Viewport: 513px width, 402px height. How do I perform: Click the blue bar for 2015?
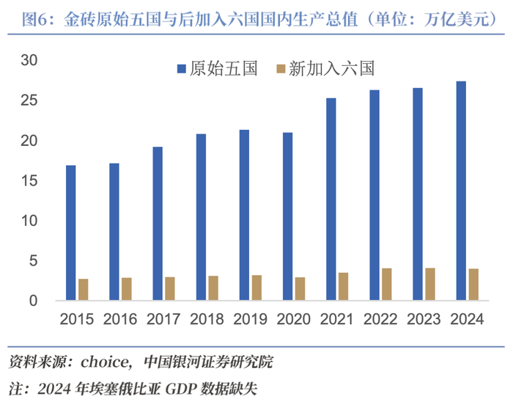70,233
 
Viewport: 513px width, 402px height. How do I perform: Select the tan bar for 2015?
84,289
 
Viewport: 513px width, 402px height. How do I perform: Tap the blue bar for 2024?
461,191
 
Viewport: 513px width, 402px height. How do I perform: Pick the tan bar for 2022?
387,284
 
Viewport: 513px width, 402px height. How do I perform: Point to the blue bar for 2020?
287,216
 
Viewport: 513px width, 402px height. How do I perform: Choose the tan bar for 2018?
213,288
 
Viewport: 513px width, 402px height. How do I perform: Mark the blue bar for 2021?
331,199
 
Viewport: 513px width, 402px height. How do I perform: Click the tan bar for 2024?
473,285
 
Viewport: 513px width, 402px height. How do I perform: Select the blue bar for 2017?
158,224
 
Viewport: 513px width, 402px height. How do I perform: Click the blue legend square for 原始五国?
182,69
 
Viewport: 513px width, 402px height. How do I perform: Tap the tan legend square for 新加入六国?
281,69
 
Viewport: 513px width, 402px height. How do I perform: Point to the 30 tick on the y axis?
29,60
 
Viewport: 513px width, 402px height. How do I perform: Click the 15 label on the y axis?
29,180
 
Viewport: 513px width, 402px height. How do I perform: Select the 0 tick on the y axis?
34,301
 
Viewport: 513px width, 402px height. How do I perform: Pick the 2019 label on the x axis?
251,319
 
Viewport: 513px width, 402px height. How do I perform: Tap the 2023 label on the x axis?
424,319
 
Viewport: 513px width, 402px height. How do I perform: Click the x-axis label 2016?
120,319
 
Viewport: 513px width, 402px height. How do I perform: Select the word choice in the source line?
104,362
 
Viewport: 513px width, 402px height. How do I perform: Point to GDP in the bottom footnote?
181,389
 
